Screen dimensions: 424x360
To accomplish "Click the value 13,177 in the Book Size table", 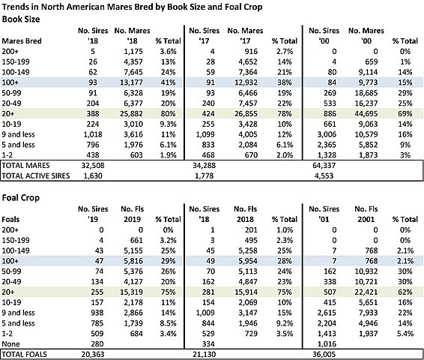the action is click(x=131, y=82).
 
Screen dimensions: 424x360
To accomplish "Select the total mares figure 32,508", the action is click(x=93, y=166).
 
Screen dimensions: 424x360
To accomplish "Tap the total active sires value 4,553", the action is click(x=324, y=176).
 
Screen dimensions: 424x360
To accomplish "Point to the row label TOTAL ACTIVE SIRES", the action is click(x=36, y=176).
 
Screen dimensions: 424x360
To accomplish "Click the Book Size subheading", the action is click(x=21, y=19).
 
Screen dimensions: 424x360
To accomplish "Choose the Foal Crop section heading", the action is click(x=20, y=198).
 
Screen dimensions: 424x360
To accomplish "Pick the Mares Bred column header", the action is click(x=22, y=41).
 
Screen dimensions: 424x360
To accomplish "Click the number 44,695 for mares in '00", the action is click(x=366, y=114).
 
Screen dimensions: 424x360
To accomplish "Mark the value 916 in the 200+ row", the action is click(x=251, y=52).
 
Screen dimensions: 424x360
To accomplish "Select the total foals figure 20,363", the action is click(x=93, y=354).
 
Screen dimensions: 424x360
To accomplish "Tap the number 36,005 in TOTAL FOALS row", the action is click(x=324, y=354).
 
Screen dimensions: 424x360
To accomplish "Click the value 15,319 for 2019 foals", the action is click(x=131, y=292).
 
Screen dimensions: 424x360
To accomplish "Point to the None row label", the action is click(x=10, y=344).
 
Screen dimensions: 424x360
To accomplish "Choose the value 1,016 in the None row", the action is click(x=327, y=344).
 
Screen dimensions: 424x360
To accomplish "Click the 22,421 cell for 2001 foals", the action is click(x=366, y=292).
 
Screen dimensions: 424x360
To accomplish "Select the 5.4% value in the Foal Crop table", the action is click(x=405, y=334).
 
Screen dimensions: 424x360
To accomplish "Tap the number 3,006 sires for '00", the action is click(x=327, y=134).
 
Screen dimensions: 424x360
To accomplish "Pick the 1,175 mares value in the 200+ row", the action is click(x=133, y=52).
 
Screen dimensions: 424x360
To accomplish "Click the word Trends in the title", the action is click(x=14, y=7).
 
